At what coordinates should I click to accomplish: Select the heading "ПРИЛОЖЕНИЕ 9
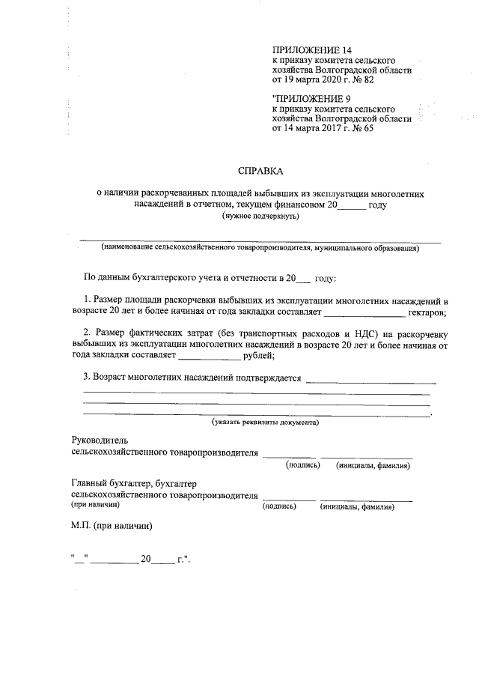(308, 99)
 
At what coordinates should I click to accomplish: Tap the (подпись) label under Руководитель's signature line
(303, 465)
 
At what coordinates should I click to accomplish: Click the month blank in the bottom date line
(113, 560)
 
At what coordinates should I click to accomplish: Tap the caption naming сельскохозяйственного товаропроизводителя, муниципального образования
(260, 248)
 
